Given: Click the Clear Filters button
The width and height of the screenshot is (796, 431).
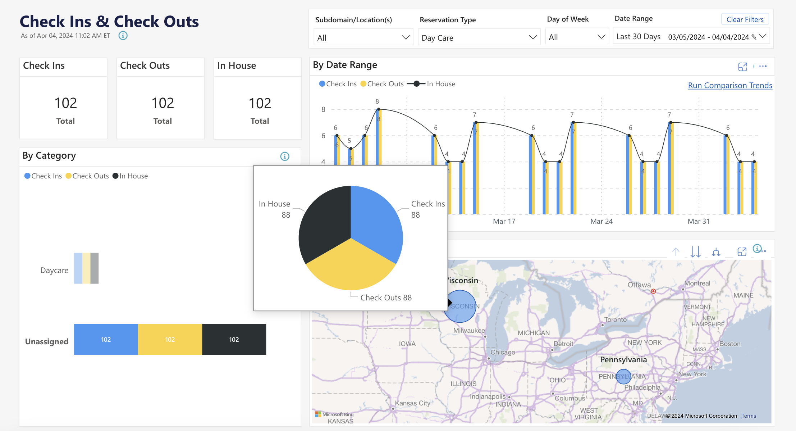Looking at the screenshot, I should tap(745, 19).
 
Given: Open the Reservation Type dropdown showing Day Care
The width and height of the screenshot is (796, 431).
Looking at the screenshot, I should tap(479, 37).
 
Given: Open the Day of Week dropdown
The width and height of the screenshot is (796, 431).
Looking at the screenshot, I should tap(576, 37).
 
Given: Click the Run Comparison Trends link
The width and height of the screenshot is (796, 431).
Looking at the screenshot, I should tap(729, 85).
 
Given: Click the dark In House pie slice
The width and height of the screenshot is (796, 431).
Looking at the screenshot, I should tap(324, 223).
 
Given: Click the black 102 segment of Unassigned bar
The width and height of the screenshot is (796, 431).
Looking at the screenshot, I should tap(234, 339).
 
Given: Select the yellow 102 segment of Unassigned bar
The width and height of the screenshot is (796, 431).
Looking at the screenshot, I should tap(170, 339).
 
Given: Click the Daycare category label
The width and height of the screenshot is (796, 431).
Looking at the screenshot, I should tap(54, 270).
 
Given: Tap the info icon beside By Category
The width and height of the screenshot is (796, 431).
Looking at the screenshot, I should tap(284, 156).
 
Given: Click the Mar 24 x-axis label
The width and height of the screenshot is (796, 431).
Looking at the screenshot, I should tap(601, 221).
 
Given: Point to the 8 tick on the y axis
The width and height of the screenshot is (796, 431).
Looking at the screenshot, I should tap(323, 109).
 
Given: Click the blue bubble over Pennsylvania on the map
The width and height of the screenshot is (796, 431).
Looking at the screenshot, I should tap(623, 376).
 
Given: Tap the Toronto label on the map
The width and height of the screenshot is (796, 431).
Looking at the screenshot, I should tap(615, 319).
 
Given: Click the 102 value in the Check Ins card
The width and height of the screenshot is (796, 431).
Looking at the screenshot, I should tap(65, 103).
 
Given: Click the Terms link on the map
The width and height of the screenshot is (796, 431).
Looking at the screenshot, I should tap(748, 416).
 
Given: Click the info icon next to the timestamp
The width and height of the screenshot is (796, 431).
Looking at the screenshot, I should tap(123, 36).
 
